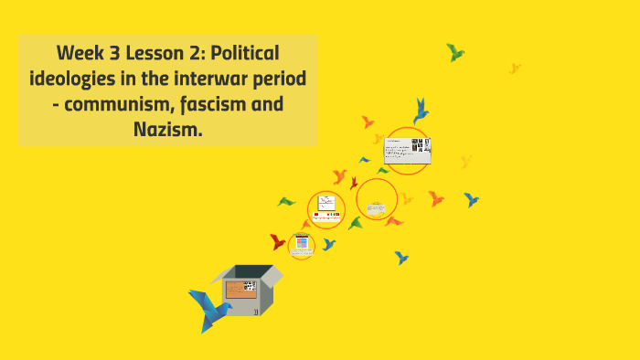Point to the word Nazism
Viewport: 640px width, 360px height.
(167, 130)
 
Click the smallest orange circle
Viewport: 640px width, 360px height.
(301, 245)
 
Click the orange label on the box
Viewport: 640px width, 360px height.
(240, 289)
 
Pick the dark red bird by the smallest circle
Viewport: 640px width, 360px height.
(278, 241)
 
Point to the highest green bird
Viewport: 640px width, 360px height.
(454, 52)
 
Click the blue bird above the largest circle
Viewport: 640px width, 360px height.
(421, 111)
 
